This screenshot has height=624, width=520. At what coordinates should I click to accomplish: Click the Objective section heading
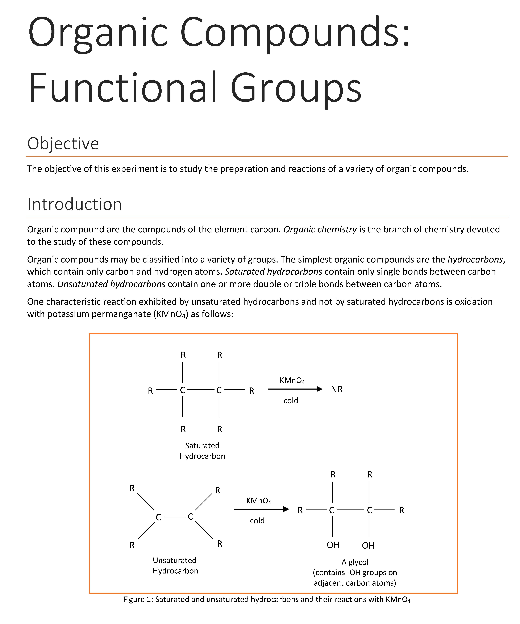pos(63,144)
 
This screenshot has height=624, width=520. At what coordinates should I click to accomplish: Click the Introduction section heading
pos(74,204)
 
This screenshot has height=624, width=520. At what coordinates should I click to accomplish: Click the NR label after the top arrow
pos(336,389)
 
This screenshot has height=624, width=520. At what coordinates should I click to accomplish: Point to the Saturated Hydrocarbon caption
pos(202,451)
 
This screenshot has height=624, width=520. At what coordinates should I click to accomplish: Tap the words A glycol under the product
pos(355,562)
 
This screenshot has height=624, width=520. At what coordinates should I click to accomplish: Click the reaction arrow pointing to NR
pos(295,389)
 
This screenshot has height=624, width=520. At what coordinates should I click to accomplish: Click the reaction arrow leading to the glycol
pos(261,509)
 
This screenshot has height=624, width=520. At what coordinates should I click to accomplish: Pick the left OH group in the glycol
pos(333,545)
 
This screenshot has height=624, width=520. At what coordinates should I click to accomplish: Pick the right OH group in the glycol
pos(368,546)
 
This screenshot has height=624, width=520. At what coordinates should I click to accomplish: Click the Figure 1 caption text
pos(267,599)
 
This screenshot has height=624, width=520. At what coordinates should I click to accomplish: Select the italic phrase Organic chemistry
pos(320,229)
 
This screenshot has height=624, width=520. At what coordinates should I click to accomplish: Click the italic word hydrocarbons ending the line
pos(475,259)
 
